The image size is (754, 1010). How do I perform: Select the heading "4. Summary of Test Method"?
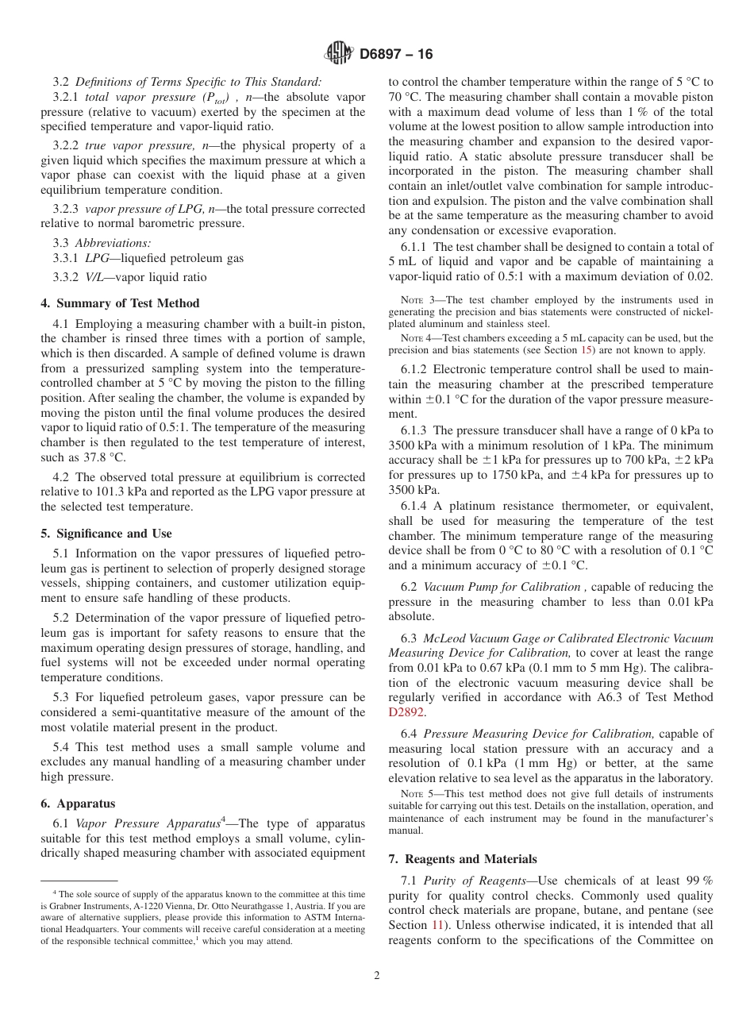(120, 303)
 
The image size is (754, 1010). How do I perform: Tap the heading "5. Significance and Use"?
(106, 534)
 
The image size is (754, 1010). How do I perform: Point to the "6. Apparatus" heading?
(78, 804)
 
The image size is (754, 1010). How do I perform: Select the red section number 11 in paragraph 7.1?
(437, 925)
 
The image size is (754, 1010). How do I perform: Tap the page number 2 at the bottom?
(377, 976)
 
